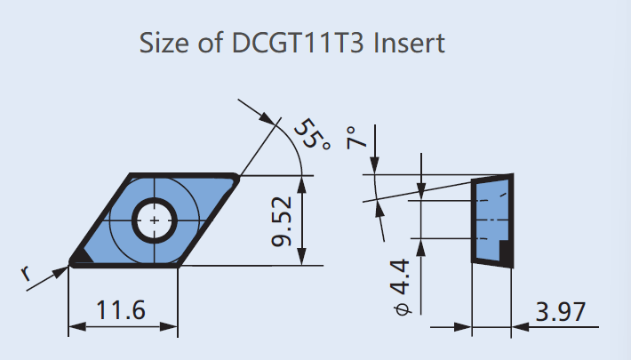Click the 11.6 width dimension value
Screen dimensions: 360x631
pos(122,310)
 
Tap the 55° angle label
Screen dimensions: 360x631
pos(311,132)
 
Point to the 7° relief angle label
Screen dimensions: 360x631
pos(355,138)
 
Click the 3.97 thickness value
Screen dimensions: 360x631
pos(560,311)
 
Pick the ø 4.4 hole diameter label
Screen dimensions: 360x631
pos(402,285)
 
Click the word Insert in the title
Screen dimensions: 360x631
pos(411,42)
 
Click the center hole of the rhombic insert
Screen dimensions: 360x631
pos(155,219)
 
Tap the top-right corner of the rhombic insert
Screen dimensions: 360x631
pos(235,179)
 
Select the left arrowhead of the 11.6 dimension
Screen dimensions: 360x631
pos(75,326)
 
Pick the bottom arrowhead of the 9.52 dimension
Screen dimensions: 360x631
pos(304,259)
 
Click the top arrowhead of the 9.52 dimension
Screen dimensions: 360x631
pos(304,181)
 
